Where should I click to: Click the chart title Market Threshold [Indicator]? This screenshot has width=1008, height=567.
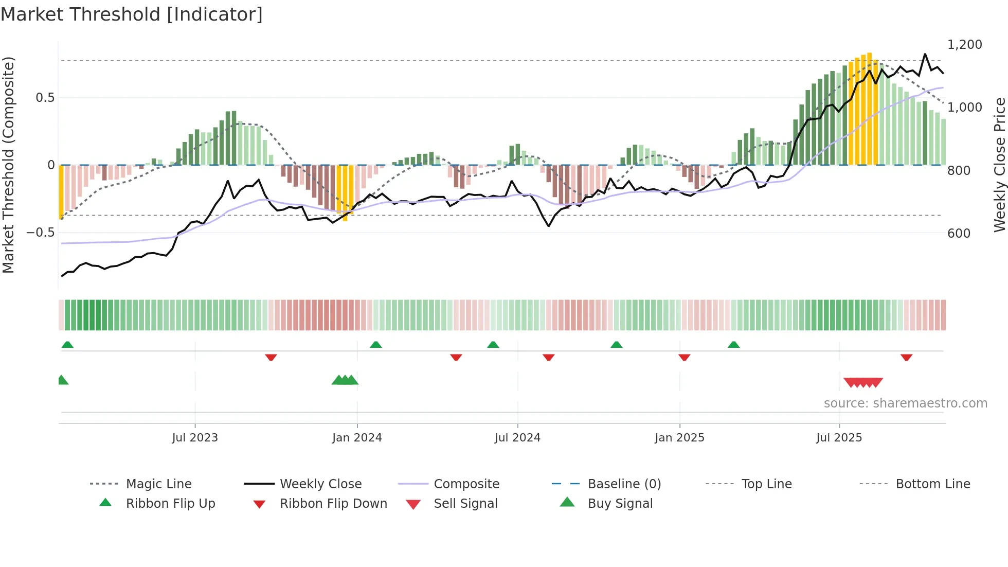(x=132, y=14)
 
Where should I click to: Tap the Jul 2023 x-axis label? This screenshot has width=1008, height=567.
(x=195, y=438)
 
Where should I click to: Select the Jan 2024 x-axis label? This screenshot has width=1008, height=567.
(x=357, y=438)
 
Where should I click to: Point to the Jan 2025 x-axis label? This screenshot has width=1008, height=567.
(x=679, y=438)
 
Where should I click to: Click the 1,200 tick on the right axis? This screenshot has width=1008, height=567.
(x=965, y=45)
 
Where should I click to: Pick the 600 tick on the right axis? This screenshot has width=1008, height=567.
(x=959, y=234)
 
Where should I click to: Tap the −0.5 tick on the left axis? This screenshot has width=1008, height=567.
(x=40, y=233)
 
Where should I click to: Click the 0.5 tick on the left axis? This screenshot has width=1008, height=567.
(x=45, y=98)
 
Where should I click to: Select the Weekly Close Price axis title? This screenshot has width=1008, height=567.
(x=999, y=165)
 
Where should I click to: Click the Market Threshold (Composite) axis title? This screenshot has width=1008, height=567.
(x=8, y=165)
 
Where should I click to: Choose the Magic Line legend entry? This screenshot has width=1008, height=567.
(x=158, y=484)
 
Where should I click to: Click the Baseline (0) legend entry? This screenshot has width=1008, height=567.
(x=624, y=484)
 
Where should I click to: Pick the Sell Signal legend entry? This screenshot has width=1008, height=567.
(x=465, y=504)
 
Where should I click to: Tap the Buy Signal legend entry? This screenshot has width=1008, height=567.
(x=620, y=504)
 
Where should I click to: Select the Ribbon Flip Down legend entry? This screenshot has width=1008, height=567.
(x=333, y=504)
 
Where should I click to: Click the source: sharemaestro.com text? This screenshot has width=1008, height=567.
(x=905, y=403)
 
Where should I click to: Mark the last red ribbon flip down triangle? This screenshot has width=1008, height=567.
(x=906, y=357)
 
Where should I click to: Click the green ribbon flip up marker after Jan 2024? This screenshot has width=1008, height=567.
(x=376, y=345)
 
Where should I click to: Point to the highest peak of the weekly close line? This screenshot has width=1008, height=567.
(x=925, y=54)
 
